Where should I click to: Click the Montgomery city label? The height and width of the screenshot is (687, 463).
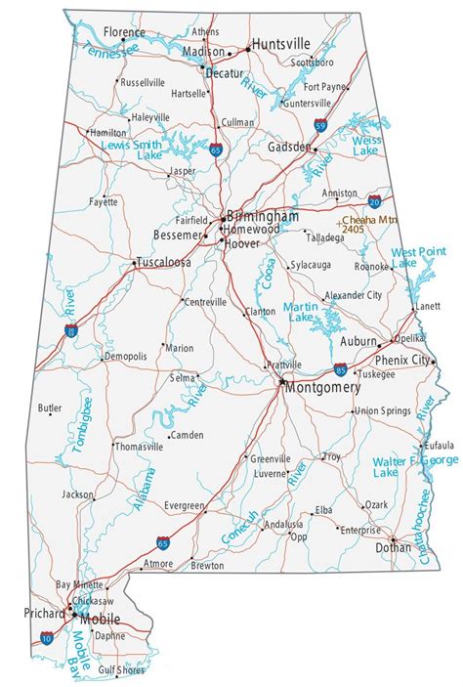click(322, 387)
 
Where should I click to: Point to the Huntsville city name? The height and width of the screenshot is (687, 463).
click(281, 44)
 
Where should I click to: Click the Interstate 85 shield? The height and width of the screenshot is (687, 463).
click(340, 369)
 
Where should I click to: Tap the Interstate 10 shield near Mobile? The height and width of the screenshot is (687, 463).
click(47, 637)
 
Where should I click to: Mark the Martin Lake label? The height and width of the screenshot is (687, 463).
click(299, 313)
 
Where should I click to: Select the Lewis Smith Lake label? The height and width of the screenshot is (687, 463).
click(132, 150)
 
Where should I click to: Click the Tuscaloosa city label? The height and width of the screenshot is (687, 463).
click(163, 263)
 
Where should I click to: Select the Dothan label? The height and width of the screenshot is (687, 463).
click(394, 548)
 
